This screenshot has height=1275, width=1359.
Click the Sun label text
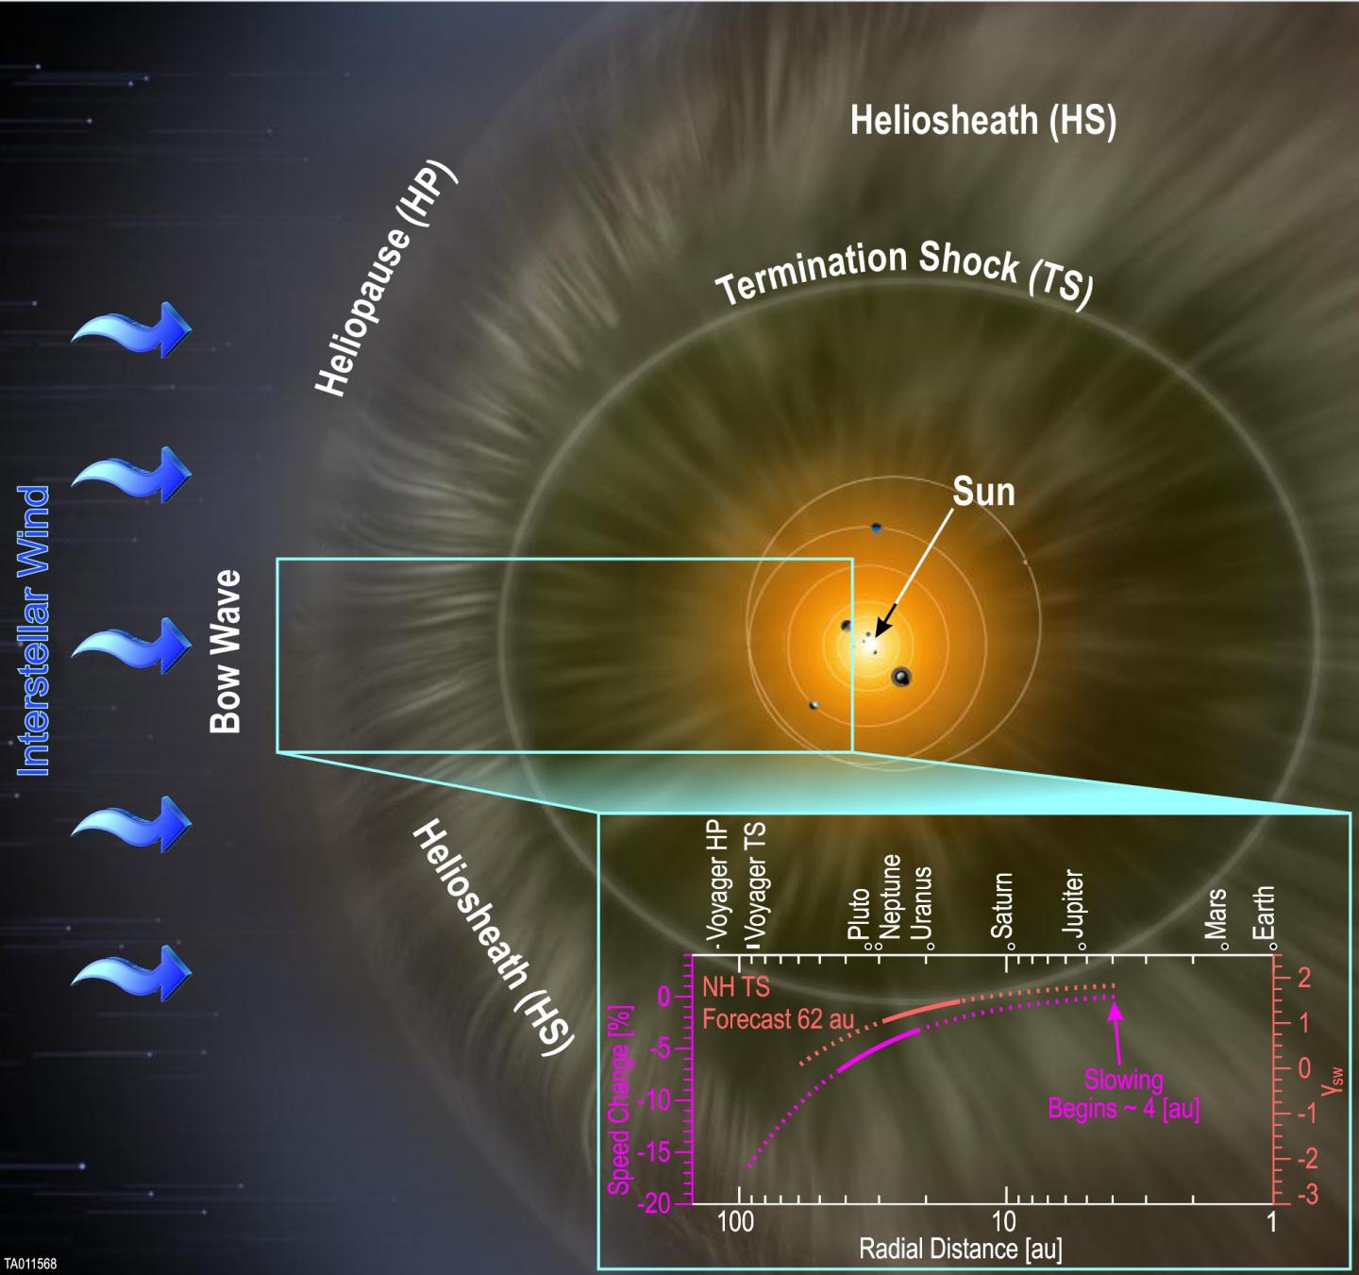click(983, 492)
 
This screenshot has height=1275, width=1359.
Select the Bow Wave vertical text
click(226, 651)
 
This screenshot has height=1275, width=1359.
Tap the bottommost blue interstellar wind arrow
click(131, 972)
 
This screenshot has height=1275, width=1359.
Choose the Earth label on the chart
click(1263, 913)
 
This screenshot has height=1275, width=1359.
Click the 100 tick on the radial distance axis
click(735, 1221)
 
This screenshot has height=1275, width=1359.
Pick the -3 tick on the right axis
click(1303, 1195)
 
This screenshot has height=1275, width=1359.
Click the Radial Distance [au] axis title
click(961, 1249)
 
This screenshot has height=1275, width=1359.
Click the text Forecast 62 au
click(779, 1020)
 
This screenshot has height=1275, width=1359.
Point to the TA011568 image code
click(30, 1264)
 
